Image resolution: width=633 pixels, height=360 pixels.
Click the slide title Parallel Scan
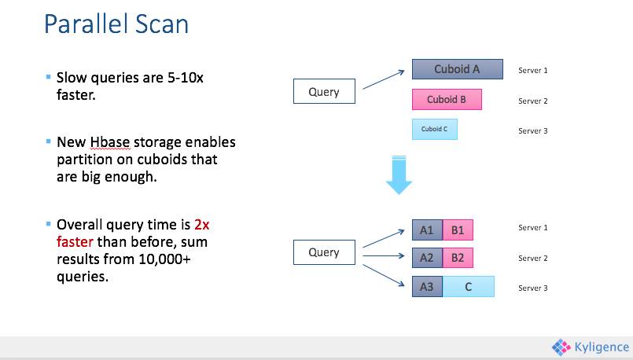point(116,24)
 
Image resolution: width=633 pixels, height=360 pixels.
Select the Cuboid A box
point(457,69)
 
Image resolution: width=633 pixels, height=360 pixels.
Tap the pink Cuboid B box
point(447,100)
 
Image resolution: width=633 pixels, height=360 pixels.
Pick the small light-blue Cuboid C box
point(434,129)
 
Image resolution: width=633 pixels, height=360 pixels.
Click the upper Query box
point(323,92)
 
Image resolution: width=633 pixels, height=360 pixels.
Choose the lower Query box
point(323,252)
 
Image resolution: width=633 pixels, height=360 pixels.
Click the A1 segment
point(427,230)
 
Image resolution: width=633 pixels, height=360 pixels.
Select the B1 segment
point(457,230)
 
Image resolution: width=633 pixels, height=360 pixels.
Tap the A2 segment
point(427,258)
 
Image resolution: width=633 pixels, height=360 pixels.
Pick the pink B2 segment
point(457,258)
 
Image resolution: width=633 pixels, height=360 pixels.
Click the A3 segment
point(427,287)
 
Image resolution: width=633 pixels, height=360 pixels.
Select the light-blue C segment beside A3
point(468,287)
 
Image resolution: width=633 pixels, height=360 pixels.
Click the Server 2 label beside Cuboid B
point(532,101)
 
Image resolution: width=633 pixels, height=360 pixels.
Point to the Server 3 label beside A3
point(532,288)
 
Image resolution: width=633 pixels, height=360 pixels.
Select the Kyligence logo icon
point(561,347)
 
